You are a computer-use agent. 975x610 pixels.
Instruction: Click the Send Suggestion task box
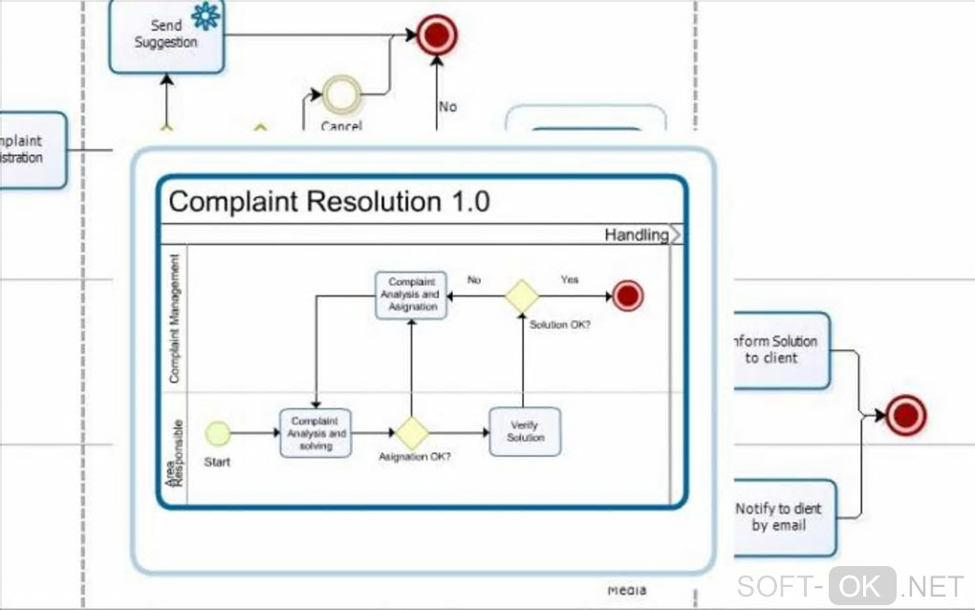click(x=165, y=36)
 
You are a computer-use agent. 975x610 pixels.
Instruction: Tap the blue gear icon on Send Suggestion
click(x=205, y=16)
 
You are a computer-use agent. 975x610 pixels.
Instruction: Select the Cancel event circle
click(x=340, y=94)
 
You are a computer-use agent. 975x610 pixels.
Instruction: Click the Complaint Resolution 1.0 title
click(x=329, y=202)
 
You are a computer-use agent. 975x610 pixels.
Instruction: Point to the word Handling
click(x=636, y=234)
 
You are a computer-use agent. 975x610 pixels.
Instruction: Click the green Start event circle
click(x=218, y=433)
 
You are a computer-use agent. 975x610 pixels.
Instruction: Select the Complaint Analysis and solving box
click(x=315, y=433)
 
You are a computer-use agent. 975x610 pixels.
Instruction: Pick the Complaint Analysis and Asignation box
click(x=411, y=295)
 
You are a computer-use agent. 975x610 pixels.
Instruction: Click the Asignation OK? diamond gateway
click(x=412, y=433)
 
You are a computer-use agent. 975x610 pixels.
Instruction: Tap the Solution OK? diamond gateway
click(x=523, y=295)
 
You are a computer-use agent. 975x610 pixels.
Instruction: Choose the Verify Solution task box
click(x=525, y=431)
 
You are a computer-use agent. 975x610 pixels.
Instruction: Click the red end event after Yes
click(x=627, y=295)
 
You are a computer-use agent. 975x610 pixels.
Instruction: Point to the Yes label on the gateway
click(x=570, y=280)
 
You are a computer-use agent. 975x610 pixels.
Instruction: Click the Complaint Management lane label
click(x=174, y=319)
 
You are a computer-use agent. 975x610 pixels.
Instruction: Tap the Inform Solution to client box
click(x=780, y=350)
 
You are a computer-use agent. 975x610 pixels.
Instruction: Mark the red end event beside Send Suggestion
click(x=437, y=35)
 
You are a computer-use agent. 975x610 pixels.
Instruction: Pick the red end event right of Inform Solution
click(x=905, y=416)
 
